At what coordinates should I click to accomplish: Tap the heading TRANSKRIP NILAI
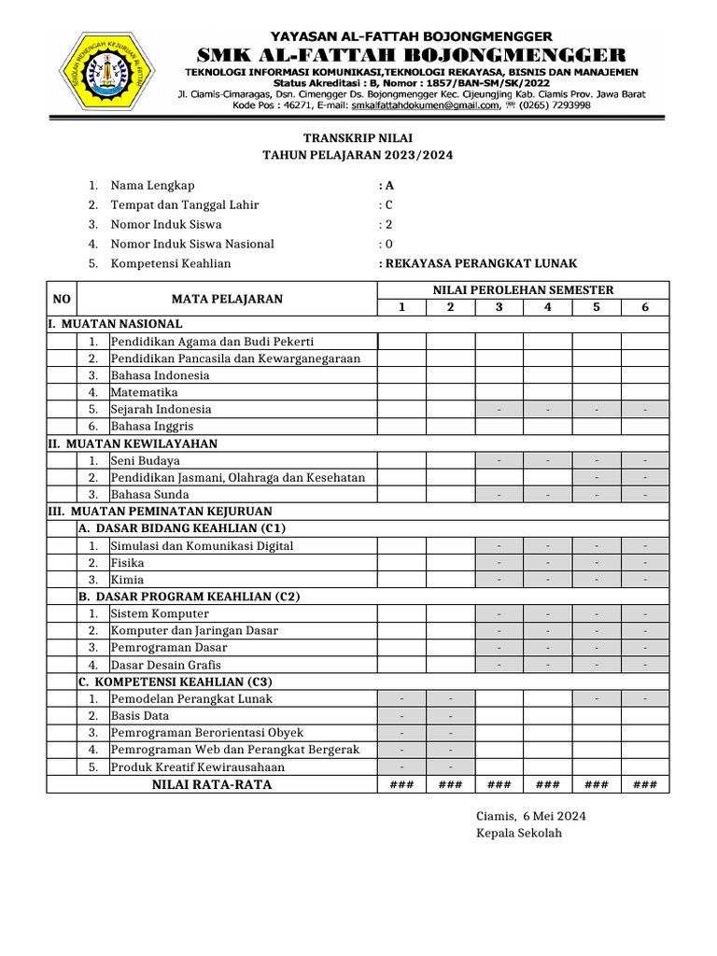tap(358, 137)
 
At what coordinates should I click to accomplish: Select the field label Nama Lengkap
tap(152, 185)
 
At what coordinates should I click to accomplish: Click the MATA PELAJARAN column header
tap(227, 299)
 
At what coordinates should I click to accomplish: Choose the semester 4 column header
tap(548, 307)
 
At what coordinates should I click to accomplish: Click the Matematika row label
tap(144, 392)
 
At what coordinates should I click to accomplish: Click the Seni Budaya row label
tap(146, 460)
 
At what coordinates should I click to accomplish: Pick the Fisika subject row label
tap(127, 562)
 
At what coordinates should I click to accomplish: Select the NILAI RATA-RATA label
tap(212, 784)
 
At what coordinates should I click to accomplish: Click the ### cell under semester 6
tap(645, 785)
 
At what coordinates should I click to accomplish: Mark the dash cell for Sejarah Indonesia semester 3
tap(499, 410)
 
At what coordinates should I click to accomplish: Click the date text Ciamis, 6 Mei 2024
tap(531, 815)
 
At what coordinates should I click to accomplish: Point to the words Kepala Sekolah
tap(519, 833)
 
